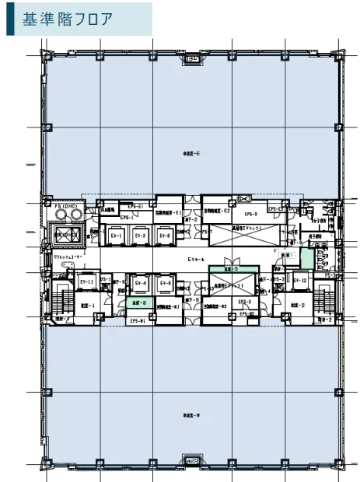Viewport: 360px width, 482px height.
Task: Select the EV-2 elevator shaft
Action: coord(141,235)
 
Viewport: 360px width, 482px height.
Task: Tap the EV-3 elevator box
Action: coord(164,235)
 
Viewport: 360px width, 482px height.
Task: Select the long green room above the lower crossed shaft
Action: coord(228,269)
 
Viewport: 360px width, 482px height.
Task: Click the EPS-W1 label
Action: coord(138,320)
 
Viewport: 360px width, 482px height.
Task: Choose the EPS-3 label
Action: coord(243,302)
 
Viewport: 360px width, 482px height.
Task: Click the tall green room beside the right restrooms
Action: coord(307,253)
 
